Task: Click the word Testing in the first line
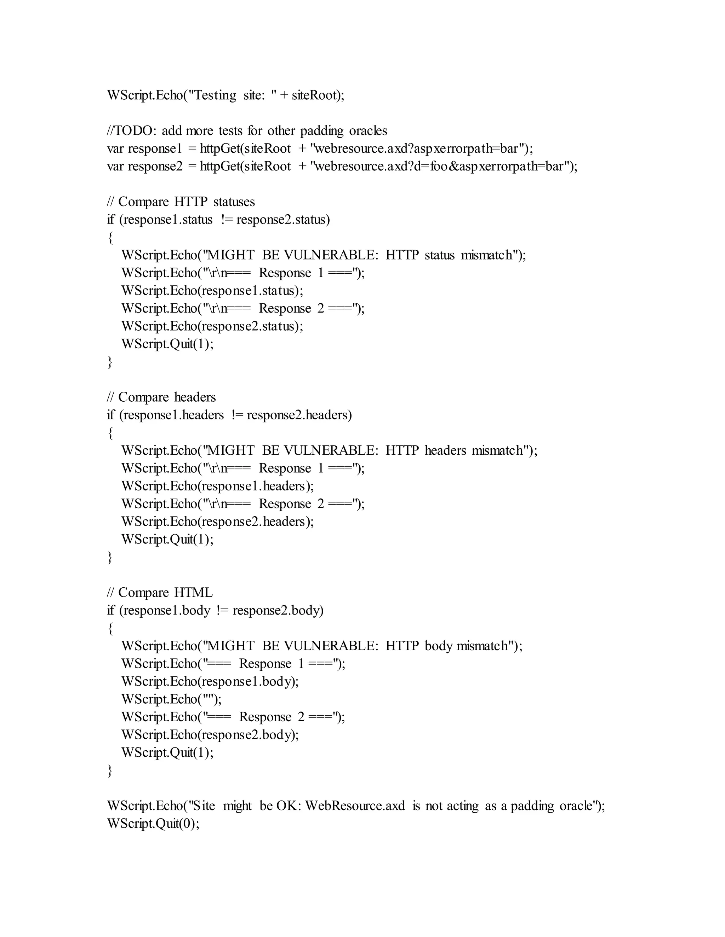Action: coord(213,95)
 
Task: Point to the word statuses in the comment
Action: coord(234,202)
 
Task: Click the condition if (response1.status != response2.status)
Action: coord(218,220)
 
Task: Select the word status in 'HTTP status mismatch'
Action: coord(439,255)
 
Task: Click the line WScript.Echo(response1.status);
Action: coord(212,291)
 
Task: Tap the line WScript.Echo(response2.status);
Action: coord(212,326)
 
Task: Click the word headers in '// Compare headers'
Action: coord(195,397)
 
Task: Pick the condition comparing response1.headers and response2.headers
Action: coord(229,415)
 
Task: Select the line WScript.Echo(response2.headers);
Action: coord(217,522)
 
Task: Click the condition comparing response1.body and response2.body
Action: coord(215,611)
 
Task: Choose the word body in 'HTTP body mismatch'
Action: coord(438,646)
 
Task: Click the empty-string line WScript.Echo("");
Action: coord(171,699)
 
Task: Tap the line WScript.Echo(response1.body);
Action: coord(210,682)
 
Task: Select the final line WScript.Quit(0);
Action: coord(153,824)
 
